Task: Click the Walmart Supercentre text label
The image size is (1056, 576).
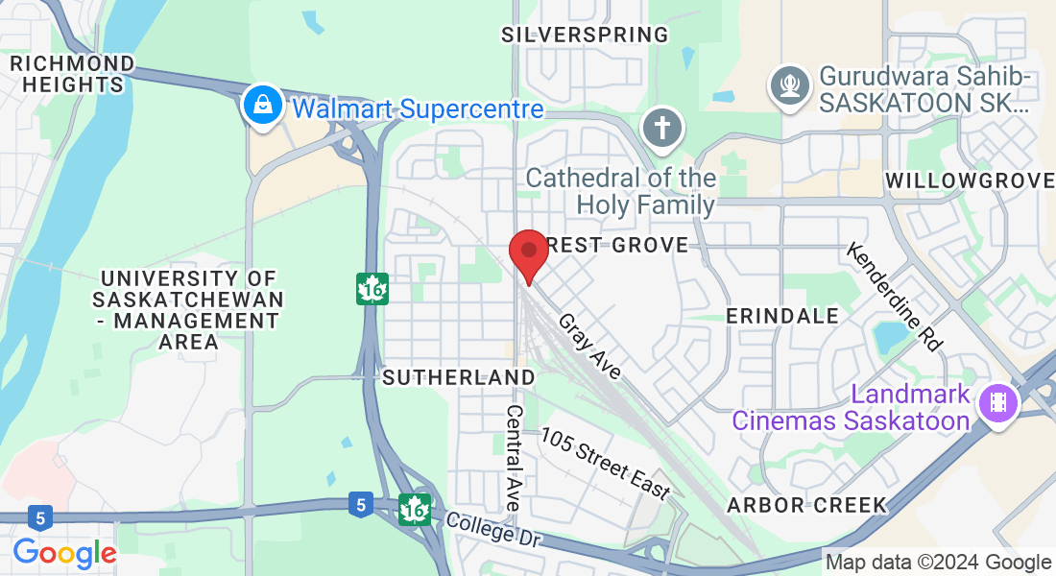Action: [x=418, y=108]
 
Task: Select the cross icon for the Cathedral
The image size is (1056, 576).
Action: [x=662, y=129]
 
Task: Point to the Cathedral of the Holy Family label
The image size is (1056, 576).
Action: [x=621, y=191]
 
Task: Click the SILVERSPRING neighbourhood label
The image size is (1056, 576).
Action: [x=585, y=35]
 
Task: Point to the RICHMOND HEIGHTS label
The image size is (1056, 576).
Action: [x=71, y=74]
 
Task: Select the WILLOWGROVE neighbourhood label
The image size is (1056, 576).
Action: [x=970, y=180]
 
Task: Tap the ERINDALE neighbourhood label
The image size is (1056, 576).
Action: [x=781, y=316]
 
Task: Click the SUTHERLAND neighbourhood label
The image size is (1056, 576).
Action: [x=458, y=377]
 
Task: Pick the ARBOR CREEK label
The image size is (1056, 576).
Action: [x=806, y=505]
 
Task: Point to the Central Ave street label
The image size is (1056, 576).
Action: [x=514, y=457]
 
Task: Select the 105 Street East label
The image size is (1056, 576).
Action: [x=605, y=464]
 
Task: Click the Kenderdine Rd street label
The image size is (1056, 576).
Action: [x=895, y=296]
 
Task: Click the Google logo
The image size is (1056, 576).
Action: [x=64, y=553]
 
